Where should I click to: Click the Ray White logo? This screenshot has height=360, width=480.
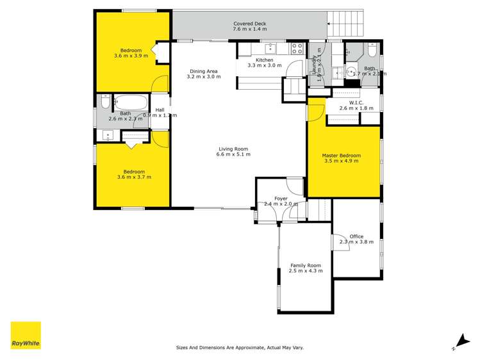(x=26, y=335)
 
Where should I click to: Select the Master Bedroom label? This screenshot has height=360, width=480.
(x=341, y=155)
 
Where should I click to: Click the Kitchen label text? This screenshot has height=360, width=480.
(x=265, y=60)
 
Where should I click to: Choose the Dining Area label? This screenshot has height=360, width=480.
(x=204, y=71)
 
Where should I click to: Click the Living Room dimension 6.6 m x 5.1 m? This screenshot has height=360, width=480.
(x=233, y=154)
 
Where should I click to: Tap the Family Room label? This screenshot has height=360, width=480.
(x=306, y=265)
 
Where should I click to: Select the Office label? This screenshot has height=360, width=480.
(x=356, y=236)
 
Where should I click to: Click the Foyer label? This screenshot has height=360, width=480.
(x=281, y=199)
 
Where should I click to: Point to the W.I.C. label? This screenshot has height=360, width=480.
(x=356, y=102)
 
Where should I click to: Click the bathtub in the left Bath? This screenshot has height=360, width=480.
(x=132, y=102)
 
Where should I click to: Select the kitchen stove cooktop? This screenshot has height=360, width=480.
(x=297, y=47)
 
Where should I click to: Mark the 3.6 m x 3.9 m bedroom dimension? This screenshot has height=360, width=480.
(x=131, y=56)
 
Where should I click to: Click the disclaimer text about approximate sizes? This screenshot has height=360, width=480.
(x=240, y=348)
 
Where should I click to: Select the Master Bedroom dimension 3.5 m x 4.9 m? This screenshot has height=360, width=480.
(x=341, y=161)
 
